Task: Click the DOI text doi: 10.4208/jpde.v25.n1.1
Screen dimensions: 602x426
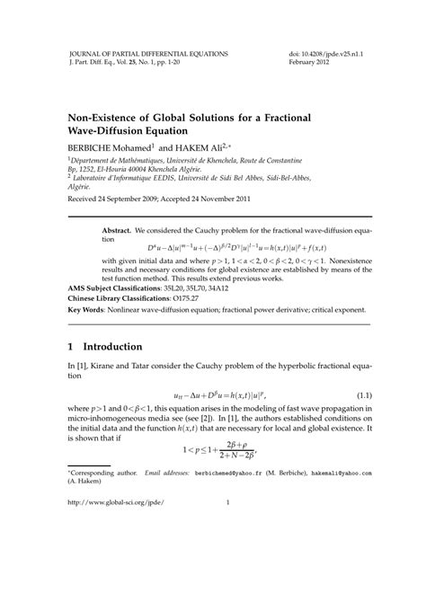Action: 324,54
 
